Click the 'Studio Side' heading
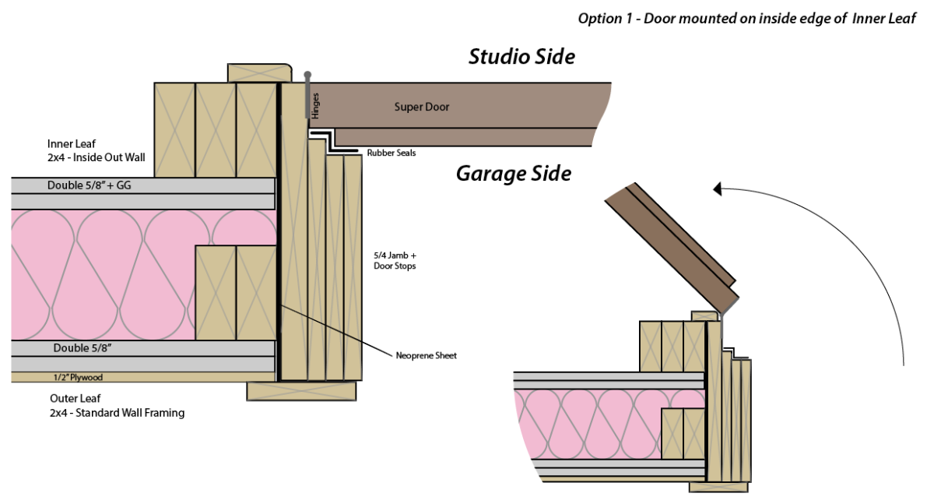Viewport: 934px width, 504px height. point(521,56)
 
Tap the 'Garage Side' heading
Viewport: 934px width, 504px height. point(513,173)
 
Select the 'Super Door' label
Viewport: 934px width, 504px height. point(421,107)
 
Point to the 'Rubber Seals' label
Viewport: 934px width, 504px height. point(392,153)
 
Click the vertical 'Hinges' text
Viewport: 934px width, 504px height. point(315,106)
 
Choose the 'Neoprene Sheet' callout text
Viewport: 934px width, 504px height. point(427,355)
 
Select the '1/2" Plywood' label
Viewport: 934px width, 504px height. point(77,377)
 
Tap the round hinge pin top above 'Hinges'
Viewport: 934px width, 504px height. point(308,74)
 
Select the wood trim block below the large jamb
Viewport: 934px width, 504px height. point(301,390)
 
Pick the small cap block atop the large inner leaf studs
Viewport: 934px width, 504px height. point(259,72)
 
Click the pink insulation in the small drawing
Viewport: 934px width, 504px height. point(592,425)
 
